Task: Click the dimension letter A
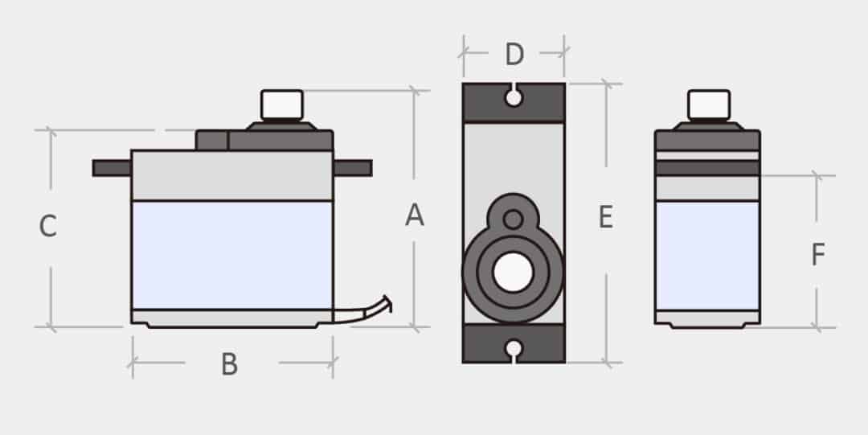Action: [414, 215]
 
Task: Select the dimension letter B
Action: [230, 364]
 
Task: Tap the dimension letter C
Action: [48, 227]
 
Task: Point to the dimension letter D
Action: [514, 55]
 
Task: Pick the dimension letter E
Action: [606, 217]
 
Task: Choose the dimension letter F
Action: [817, 255]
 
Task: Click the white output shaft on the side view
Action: [281, 105]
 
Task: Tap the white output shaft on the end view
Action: [708, 105]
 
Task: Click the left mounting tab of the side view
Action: [112, 168]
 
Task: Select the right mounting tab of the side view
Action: [353, 168]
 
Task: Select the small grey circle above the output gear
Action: [513, 218]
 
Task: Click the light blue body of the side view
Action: [232, 255]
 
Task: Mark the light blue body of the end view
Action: [707, 255]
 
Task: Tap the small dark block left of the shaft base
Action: [211, 141]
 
